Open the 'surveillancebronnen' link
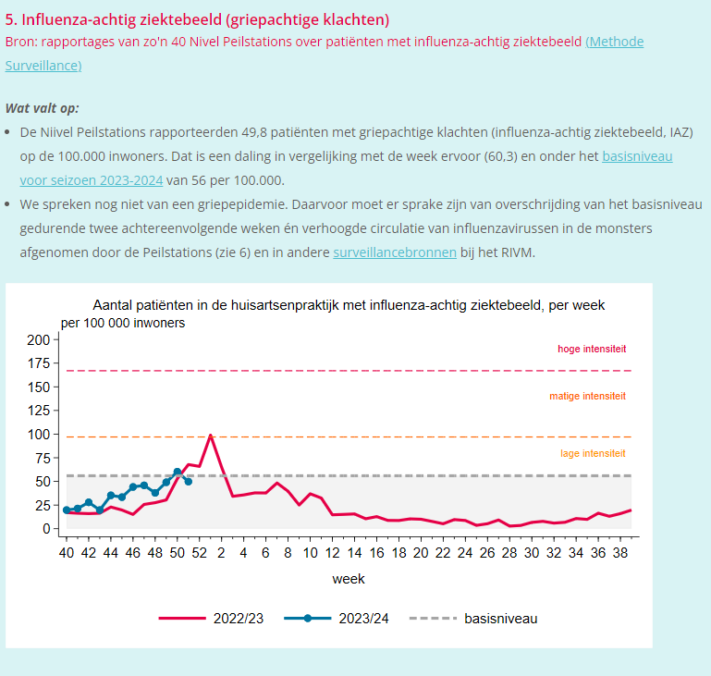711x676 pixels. (394, 252)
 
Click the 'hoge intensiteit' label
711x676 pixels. (592, 349)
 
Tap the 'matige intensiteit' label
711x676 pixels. (587, 396)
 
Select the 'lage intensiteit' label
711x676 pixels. (593, 453)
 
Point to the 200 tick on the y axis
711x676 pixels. (38, 339)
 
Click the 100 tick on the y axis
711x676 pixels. (38, 434)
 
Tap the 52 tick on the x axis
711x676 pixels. (199, 553)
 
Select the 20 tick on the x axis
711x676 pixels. (421, 553)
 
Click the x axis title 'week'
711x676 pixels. (349, 579)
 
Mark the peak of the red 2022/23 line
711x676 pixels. (211, 435)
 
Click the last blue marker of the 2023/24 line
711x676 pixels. (189, 481)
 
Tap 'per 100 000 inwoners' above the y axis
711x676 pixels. (123, 323)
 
